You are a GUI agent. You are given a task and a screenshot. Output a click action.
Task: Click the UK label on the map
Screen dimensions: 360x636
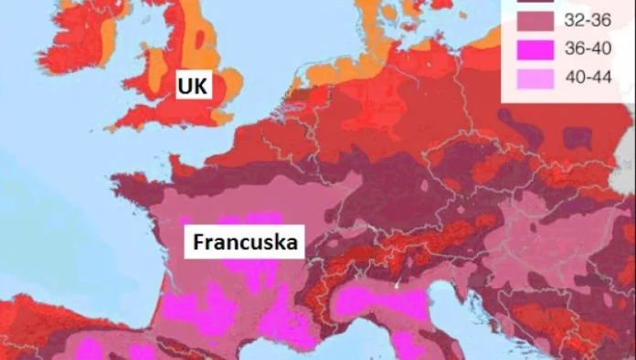pyautogui.click(x=194, y=88)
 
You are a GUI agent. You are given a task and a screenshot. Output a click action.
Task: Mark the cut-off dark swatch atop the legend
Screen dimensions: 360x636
pyautogui.click(x=530, y=7)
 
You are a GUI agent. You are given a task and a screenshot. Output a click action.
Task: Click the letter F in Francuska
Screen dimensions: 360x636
pyautogui.click(x=196, y=244)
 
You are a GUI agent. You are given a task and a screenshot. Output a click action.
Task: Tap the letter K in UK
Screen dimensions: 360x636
pyautogui.click(x=201, y=88)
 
